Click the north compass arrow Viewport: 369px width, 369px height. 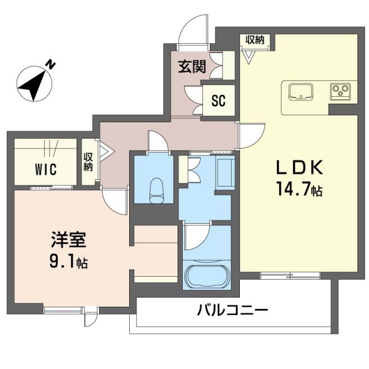point(33,83)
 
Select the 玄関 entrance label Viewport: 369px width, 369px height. point(191,67)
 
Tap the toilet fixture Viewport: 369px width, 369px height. point(156,189)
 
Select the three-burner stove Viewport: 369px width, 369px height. point(340,90)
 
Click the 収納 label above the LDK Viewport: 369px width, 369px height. point(254,40)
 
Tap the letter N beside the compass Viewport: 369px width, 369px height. point(51,64)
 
